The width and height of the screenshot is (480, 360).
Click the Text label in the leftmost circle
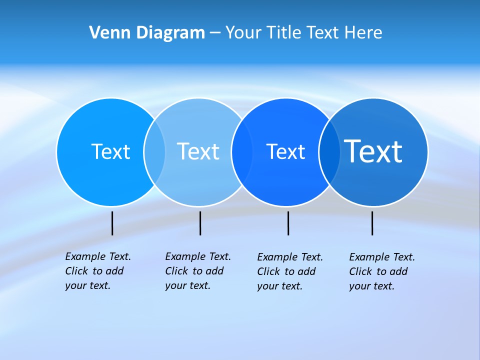(x=110, y=151)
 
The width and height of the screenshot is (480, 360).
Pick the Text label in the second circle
(x=198, y=151)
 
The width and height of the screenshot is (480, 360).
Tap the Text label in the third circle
(x=285, y=151)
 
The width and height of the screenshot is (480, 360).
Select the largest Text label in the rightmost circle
(x=373, y=151)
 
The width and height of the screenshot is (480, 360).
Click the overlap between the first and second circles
(x=154, y=151)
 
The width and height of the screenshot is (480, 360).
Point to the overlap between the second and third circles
(x=242, y=151)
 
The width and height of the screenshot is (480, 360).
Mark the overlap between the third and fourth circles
(x=329, y=151)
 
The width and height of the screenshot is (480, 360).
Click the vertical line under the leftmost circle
(x=112, y=223)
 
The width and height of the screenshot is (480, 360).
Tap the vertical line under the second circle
(x=200, y=223)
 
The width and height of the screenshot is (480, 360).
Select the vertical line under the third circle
(x=288, y=223)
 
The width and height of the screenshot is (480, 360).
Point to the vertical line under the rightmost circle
(x=372, y=223)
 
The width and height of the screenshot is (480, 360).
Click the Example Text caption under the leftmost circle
(x=97, y=271)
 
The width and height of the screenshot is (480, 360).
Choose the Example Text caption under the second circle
(x=197, y=271)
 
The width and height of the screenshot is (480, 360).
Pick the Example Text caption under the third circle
(x=289, y=271)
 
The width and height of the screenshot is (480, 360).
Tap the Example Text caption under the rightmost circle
(x=381, y=271)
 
